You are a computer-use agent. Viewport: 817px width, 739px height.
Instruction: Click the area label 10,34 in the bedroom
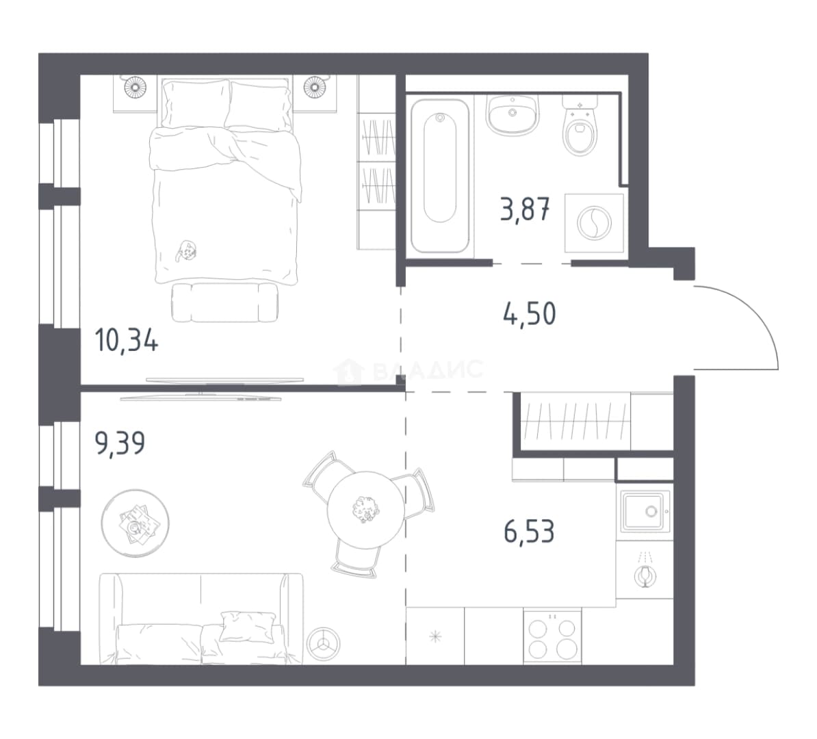(x=127, y=342)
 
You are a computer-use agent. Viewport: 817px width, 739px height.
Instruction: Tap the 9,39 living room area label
(x=120, y=443)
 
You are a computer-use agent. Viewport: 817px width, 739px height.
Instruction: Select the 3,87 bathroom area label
(x=525, y=210)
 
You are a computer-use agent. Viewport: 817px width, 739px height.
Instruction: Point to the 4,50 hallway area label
(x=530, y=314)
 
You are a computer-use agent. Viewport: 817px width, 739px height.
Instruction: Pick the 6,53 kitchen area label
(x=529, y=531)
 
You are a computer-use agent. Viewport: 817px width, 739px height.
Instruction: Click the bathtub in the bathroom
(x=440, y=176)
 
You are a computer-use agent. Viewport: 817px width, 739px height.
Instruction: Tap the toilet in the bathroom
(x=580, y=126)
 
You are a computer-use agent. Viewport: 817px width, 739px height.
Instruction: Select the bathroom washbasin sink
(x=513, y=115)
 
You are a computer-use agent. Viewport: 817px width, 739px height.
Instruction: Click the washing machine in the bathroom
(x=595, y=223)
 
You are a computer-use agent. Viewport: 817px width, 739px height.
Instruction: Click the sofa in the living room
(x=201, y=619)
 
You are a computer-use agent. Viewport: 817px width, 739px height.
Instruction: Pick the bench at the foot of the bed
(x=224, y=302)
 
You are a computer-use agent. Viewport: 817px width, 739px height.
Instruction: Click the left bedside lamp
(x=134, y=86)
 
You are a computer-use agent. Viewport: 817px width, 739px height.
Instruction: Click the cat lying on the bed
(x=185, y=250)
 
